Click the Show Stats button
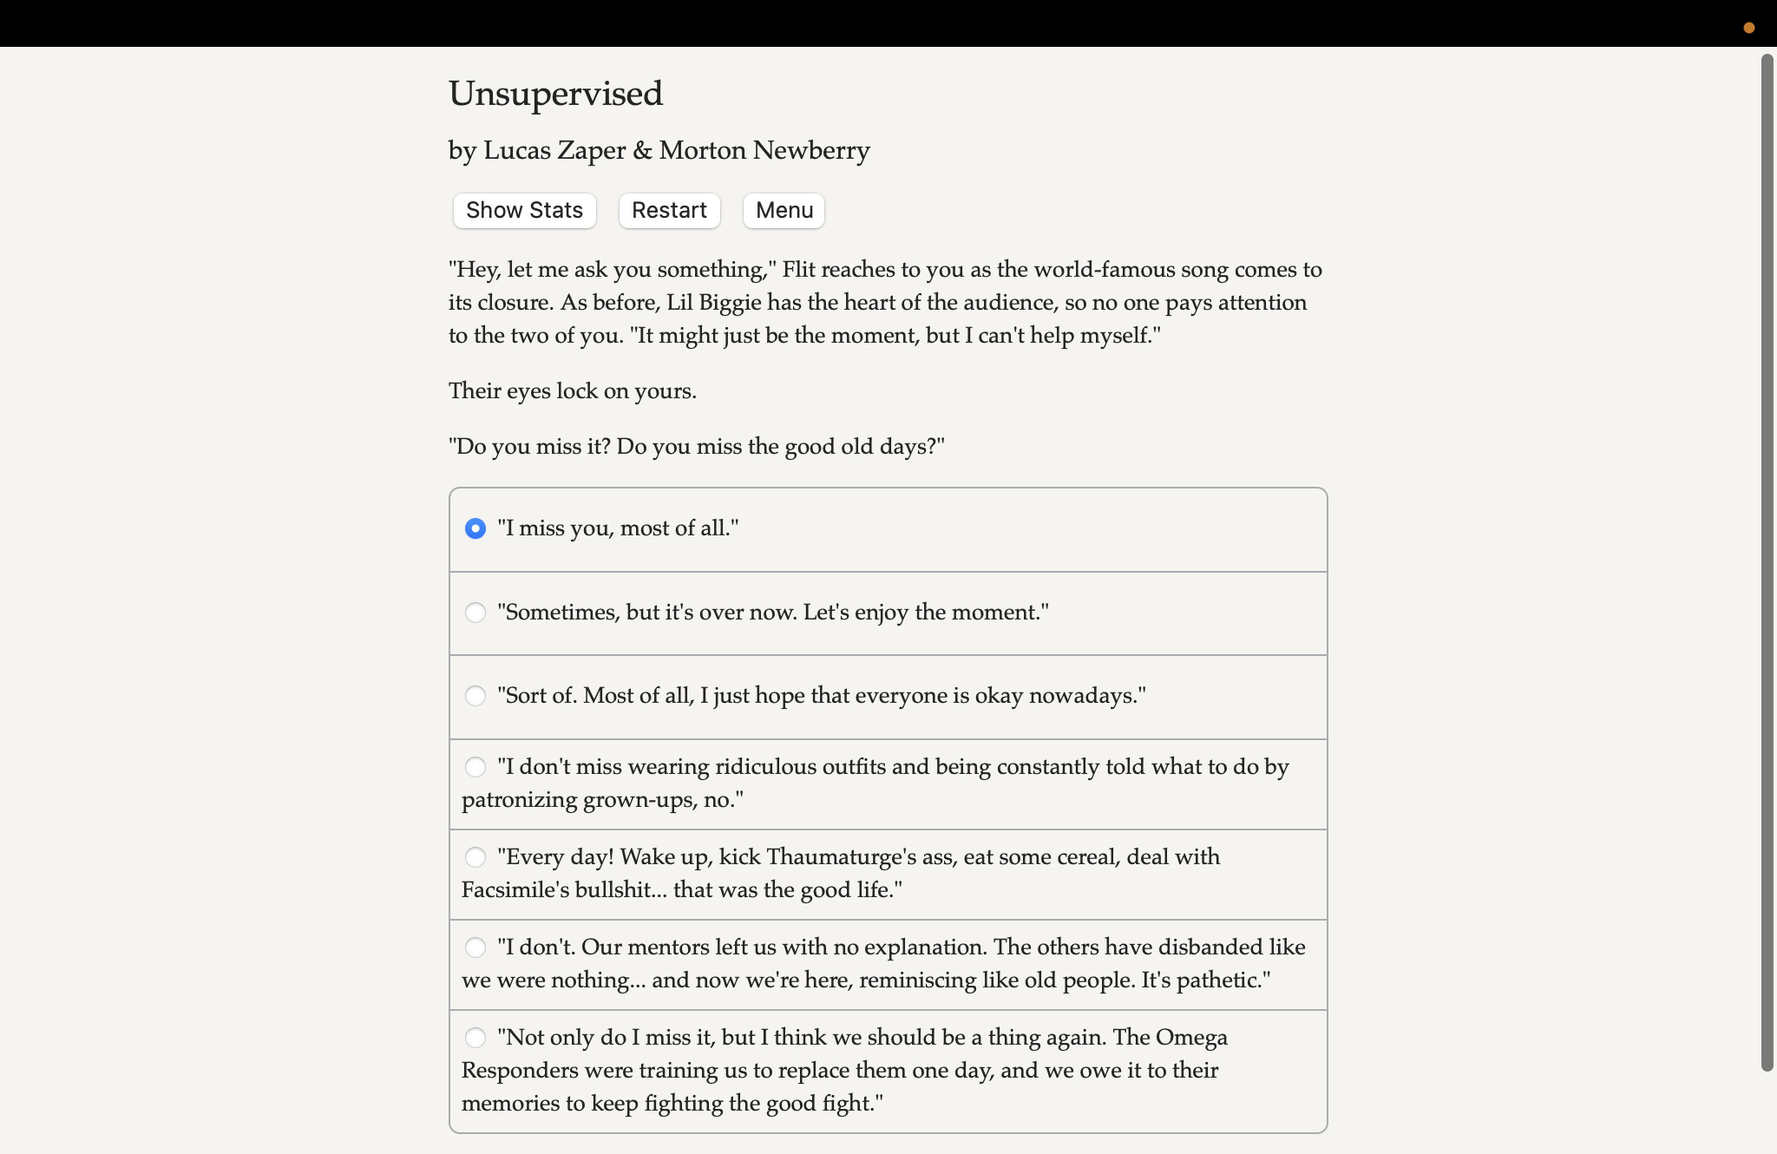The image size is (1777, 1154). click(x=524, y=211)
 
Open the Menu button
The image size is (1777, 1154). click(x=784, y=211)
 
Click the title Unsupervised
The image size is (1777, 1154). click(x=555, y=94)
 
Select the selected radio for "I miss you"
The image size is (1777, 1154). click(x=475, y=528)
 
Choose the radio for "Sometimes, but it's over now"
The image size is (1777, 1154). click(x=475, y=613)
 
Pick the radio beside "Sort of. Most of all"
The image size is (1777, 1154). click(x=475, y=696)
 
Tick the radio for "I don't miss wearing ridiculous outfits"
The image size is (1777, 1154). click(x=475, y=767)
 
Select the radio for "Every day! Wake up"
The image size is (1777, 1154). click(x=475, y=857)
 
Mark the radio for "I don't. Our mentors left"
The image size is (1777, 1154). click(x=475, y=947)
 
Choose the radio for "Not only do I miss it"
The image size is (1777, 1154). click(x=475, y=1038)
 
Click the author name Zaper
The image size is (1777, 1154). click(x=591, y=151)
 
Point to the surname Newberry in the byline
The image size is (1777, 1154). click(x=810, y=151)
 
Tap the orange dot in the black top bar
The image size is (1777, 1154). click(x=1749, y=28)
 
